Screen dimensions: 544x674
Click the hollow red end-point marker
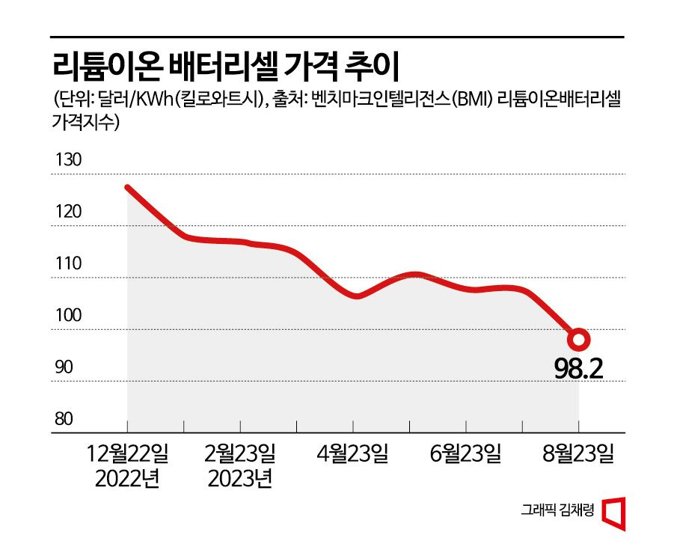click(579, 339)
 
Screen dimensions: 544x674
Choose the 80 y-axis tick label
click(66, 419)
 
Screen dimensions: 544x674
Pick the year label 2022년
click(127, 479)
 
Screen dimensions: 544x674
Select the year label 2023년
click(240, 479)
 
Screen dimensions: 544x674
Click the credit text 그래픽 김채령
click(557, 511)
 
